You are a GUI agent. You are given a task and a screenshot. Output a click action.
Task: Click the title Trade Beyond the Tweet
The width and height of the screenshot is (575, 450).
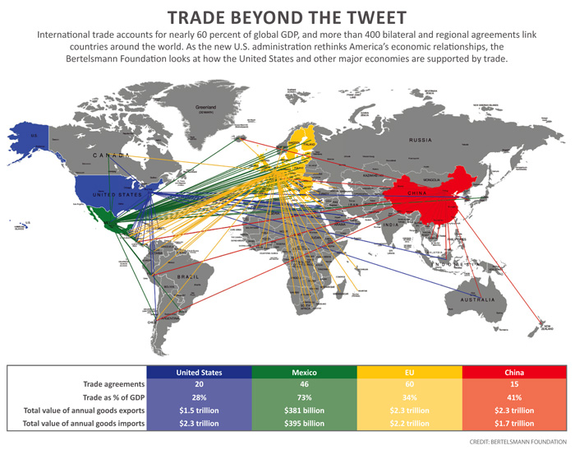pos(287,16)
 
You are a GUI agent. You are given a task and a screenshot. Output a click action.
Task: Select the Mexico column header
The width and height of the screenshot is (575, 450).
pos(304,372)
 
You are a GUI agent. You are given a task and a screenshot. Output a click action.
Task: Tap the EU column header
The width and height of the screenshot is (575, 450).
pos(409,372)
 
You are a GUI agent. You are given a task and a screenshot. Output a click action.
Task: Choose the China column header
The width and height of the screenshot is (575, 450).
pos(515,372)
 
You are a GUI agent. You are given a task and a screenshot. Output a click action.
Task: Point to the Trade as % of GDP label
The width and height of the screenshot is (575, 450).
pos(113,397)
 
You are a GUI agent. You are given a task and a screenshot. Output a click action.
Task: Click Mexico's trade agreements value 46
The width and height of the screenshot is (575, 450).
pos(304,384)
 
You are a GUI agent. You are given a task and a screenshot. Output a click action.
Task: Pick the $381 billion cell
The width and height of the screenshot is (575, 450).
pos(304,410)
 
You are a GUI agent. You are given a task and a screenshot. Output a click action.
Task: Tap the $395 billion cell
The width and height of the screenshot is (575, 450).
pos(304,423)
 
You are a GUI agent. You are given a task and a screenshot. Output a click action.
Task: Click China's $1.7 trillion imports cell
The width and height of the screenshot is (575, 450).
pos(515,423)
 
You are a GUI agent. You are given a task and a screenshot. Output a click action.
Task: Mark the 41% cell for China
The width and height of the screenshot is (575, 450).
pos(515,397)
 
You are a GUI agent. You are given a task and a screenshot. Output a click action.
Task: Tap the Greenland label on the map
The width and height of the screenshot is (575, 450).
pos(205,108)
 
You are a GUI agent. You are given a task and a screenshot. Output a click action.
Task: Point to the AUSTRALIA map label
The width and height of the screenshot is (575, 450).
pos(478,299)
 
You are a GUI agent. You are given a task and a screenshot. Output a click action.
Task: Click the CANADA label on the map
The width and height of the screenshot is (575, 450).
pos(111,155)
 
